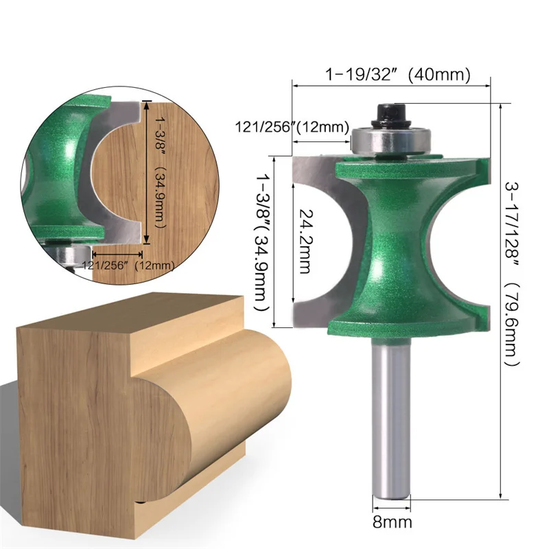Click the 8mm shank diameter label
coord(393,523)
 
